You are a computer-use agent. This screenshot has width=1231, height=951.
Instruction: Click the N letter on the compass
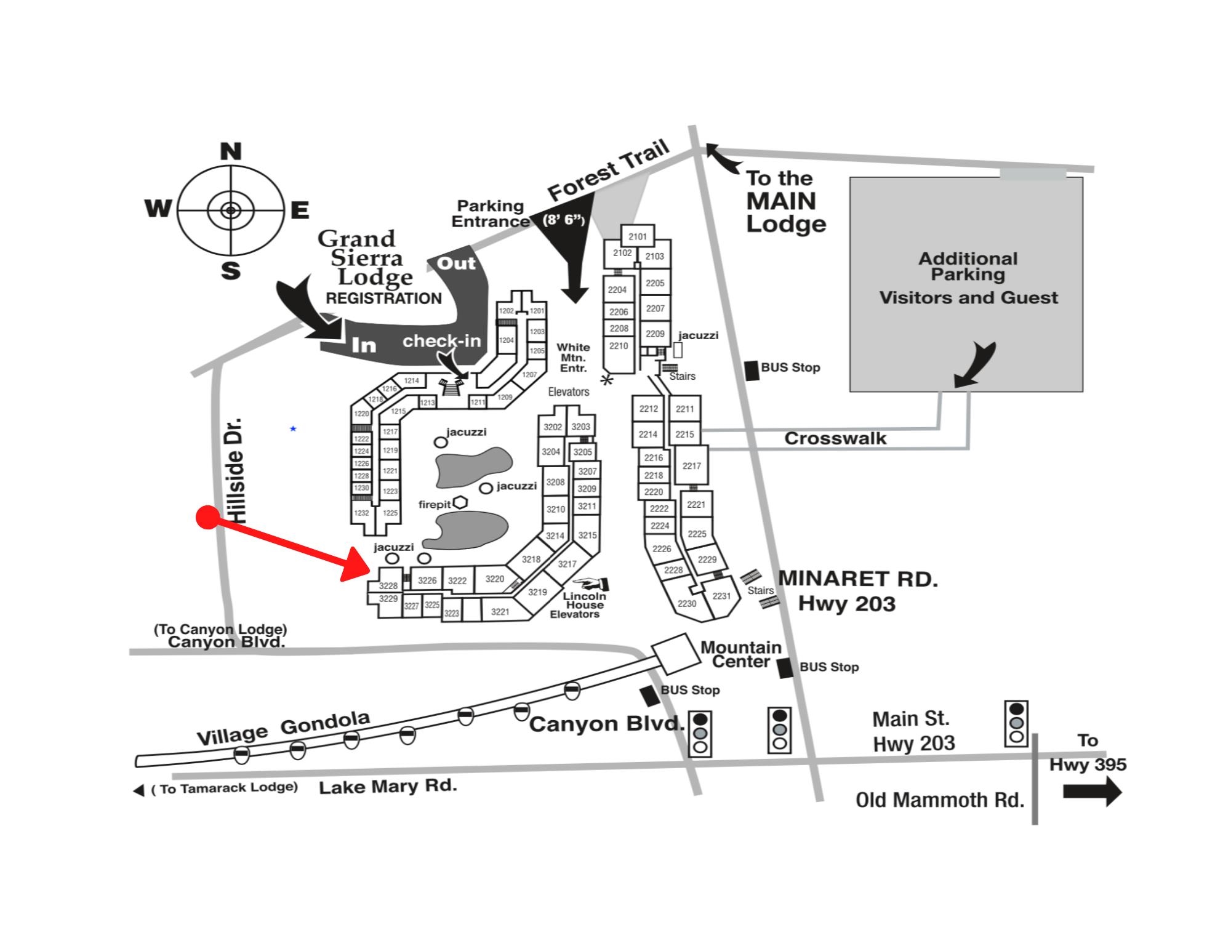click(231, 151)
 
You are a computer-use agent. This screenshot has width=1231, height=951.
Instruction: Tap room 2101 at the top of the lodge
click(638, 236)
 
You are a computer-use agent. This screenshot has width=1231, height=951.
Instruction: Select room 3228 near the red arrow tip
click(388, 585)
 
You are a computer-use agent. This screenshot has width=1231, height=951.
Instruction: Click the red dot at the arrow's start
click(207, 518)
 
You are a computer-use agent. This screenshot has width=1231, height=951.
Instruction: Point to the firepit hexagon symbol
click(460, 503)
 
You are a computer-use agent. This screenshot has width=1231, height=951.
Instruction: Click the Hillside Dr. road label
click(236, 471)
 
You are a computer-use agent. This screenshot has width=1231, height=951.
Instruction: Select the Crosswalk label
click(835, 438)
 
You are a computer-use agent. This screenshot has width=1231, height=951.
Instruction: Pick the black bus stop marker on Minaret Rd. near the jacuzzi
click(752, 371)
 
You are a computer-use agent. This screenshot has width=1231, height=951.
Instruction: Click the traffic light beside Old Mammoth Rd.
click(1016, 723)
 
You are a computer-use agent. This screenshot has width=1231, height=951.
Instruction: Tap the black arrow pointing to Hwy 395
click(1093, 792)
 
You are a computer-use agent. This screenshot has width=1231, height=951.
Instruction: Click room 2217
click(692, 466)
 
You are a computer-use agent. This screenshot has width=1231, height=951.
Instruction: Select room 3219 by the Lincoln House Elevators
click(537, 592)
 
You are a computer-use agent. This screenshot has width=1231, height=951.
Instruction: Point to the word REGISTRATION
click(383, 299)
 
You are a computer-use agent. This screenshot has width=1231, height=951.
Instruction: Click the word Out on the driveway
click(456, 263)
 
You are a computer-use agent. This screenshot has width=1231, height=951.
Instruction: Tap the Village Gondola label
click(283, 728)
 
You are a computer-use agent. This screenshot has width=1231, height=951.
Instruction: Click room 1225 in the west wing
click(390, 513)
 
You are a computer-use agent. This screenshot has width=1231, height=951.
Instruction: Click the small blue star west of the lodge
click(293, 428)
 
